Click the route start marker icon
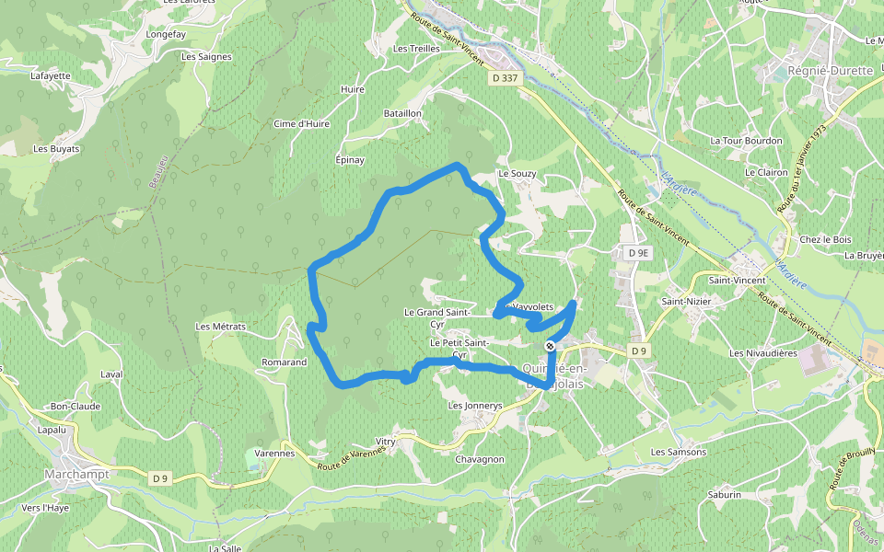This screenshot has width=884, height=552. pos(551,346)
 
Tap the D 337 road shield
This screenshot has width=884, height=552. pos(506,78)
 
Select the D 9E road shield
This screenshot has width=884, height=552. pos(635,252)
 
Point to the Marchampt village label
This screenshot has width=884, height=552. pos(76,474)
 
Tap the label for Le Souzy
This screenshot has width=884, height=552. pos(517,173)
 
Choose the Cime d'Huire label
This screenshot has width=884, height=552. pos(302,123)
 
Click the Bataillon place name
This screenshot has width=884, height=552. pos(402,113)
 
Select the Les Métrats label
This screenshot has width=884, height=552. pos(221,327)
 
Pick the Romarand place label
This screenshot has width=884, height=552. pos(284,362)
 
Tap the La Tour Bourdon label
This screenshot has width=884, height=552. pos(747,141)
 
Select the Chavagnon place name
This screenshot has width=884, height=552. pos(480,459)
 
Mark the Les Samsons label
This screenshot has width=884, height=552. pos(679,452)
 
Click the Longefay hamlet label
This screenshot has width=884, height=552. pos(167,35)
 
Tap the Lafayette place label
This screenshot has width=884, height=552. pos(51,76)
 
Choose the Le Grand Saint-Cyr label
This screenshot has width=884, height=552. pos(437,317)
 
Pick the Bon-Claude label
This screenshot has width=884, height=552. pos(76,406)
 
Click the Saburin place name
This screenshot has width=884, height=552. pos(725,495)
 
